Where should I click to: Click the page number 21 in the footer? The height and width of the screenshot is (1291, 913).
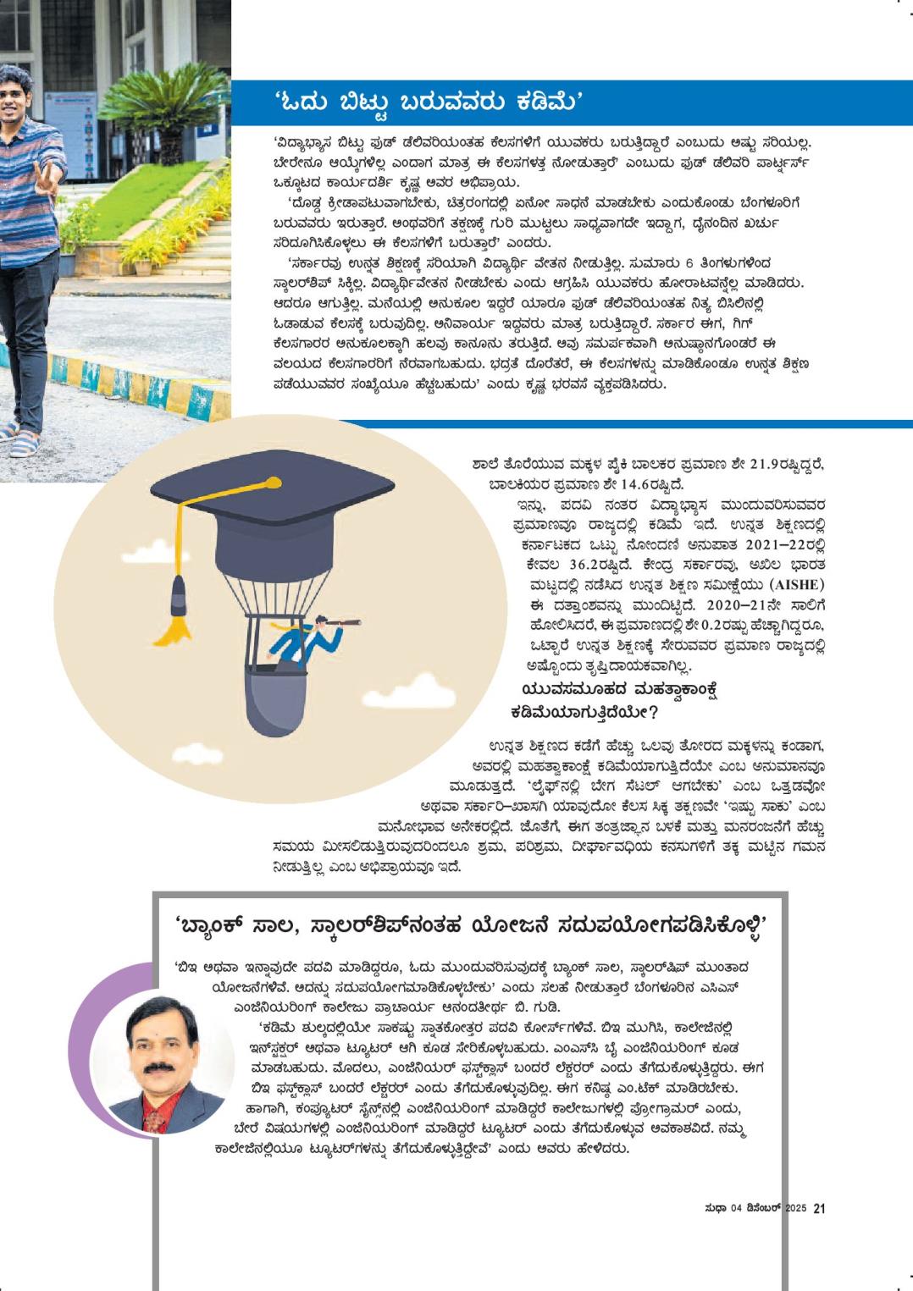(819, 1209)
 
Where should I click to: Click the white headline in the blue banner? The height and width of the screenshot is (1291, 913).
(429, 102)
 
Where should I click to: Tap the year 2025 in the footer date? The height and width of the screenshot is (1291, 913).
(794, 1209)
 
